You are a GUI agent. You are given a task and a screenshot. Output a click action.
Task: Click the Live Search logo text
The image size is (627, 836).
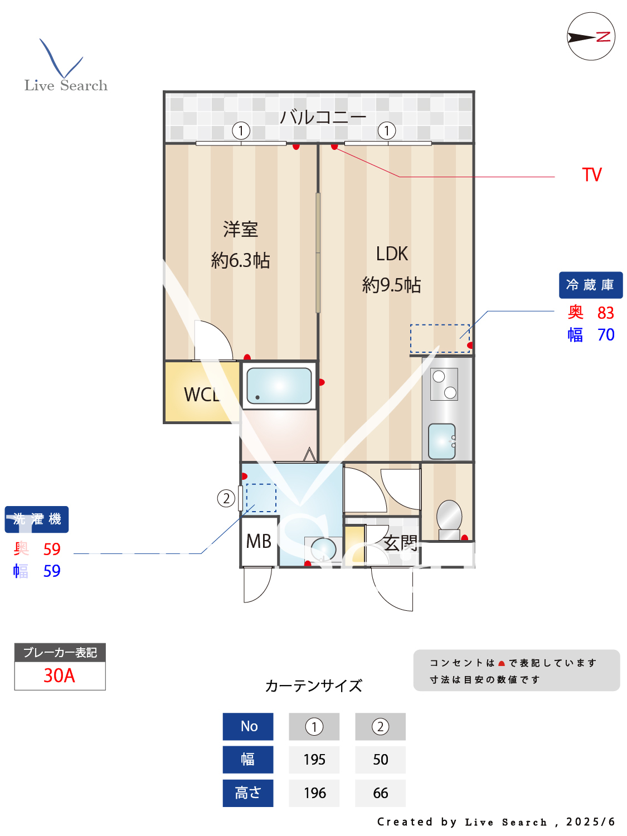click(x=66, y=85)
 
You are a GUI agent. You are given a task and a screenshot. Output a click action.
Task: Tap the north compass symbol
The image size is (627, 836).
click(x=591, y=37)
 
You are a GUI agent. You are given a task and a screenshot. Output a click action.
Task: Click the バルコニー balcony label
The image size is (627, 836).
click(x=323, y=117)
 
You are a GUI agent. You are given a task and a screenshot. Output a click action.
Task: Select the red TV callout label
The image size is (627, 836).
click(x=592, y=175)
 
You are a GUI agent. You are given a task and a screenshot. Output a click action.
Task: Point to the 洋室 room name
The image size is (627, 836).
click(x=240, y=229)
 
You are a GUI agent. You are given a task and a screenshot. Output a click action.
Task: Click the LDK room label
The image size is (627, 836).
click(x=392, y=254)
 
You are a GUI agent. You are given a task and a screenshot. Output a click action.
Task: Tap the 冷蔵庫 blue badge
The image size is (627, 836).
click(x=590, y=285)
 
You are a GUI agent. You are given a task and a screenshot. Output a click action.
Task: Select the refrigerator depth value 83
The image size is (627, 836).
click(x=605, y=313)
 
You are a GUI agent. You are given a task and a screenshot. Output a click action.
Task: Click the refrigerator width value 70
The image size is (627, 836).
click(x=605, y=335)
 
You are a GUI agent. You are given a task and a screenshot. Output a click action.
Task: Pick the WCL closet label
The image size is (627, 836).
click(x=202, y=395)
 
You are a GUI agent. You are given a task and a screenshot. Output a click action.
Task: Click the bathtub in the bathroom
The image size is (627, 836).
click(x=279, y=386)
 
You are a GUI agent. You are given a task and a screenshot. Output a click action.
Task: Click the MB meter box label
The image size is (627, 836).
click(x=259, y=541)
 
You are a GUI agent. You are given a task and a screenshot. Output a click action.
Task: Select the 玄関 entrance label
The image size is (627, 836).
click(x=400, y=543)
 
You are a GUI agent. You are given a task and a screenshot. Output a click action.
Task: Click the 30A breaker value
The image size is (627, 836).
click(x=59, y=675)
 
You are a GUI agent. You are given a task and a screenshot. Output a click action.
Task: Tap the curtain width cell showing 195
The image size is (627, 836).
click(x=314, y=760)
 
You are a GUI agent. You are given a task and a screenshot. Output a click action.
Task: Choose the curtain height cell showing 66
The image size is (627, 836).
click(x=380, y=793)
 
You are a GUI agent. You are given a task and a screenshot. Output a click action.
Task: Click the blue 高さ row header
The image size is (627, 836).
click(x=248, y=793)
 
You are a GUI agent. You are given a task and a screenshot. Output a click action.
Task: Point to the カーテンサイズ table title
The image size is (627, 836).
click(x=314, y=686)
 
